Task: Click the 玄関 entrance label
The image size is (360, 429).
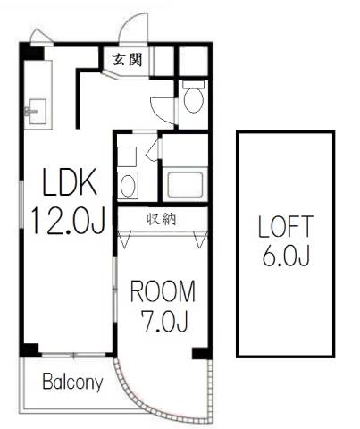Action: coord(127,60)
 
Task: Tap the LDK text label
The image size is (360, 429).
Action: coord(70,181)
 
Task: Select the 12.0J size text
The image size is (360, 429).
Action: coord(69,221)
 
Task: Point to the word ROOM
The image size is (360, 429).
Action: coord(163,291)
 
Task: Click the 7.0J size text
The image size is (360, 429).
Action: coord(165,321)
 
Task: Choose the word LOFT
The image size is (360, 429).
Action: coord(286,227)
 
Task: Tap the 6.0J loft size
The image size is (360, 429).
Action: coord(286,256)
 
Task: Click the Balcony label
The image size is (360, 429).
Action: coord(72,382)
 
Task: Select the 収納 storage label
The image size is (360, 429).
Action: coord(162,219)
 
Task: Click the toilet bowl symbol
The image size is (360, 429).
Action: coord(194,99)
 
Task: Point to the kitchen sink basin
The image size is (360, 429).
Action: coord(37,112)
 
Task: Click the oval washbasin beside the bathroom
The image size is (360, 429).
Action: coord(128,185)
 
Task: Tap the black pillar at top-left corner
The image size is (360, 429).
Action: coord(31,52)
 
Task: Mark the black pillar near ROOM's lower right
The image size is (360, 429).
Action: coord(201,353)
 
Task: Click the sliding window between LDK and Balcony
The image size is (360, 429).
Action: coord(73,355)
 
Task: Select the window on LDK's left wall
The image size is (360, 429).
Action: coord(21,205)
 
